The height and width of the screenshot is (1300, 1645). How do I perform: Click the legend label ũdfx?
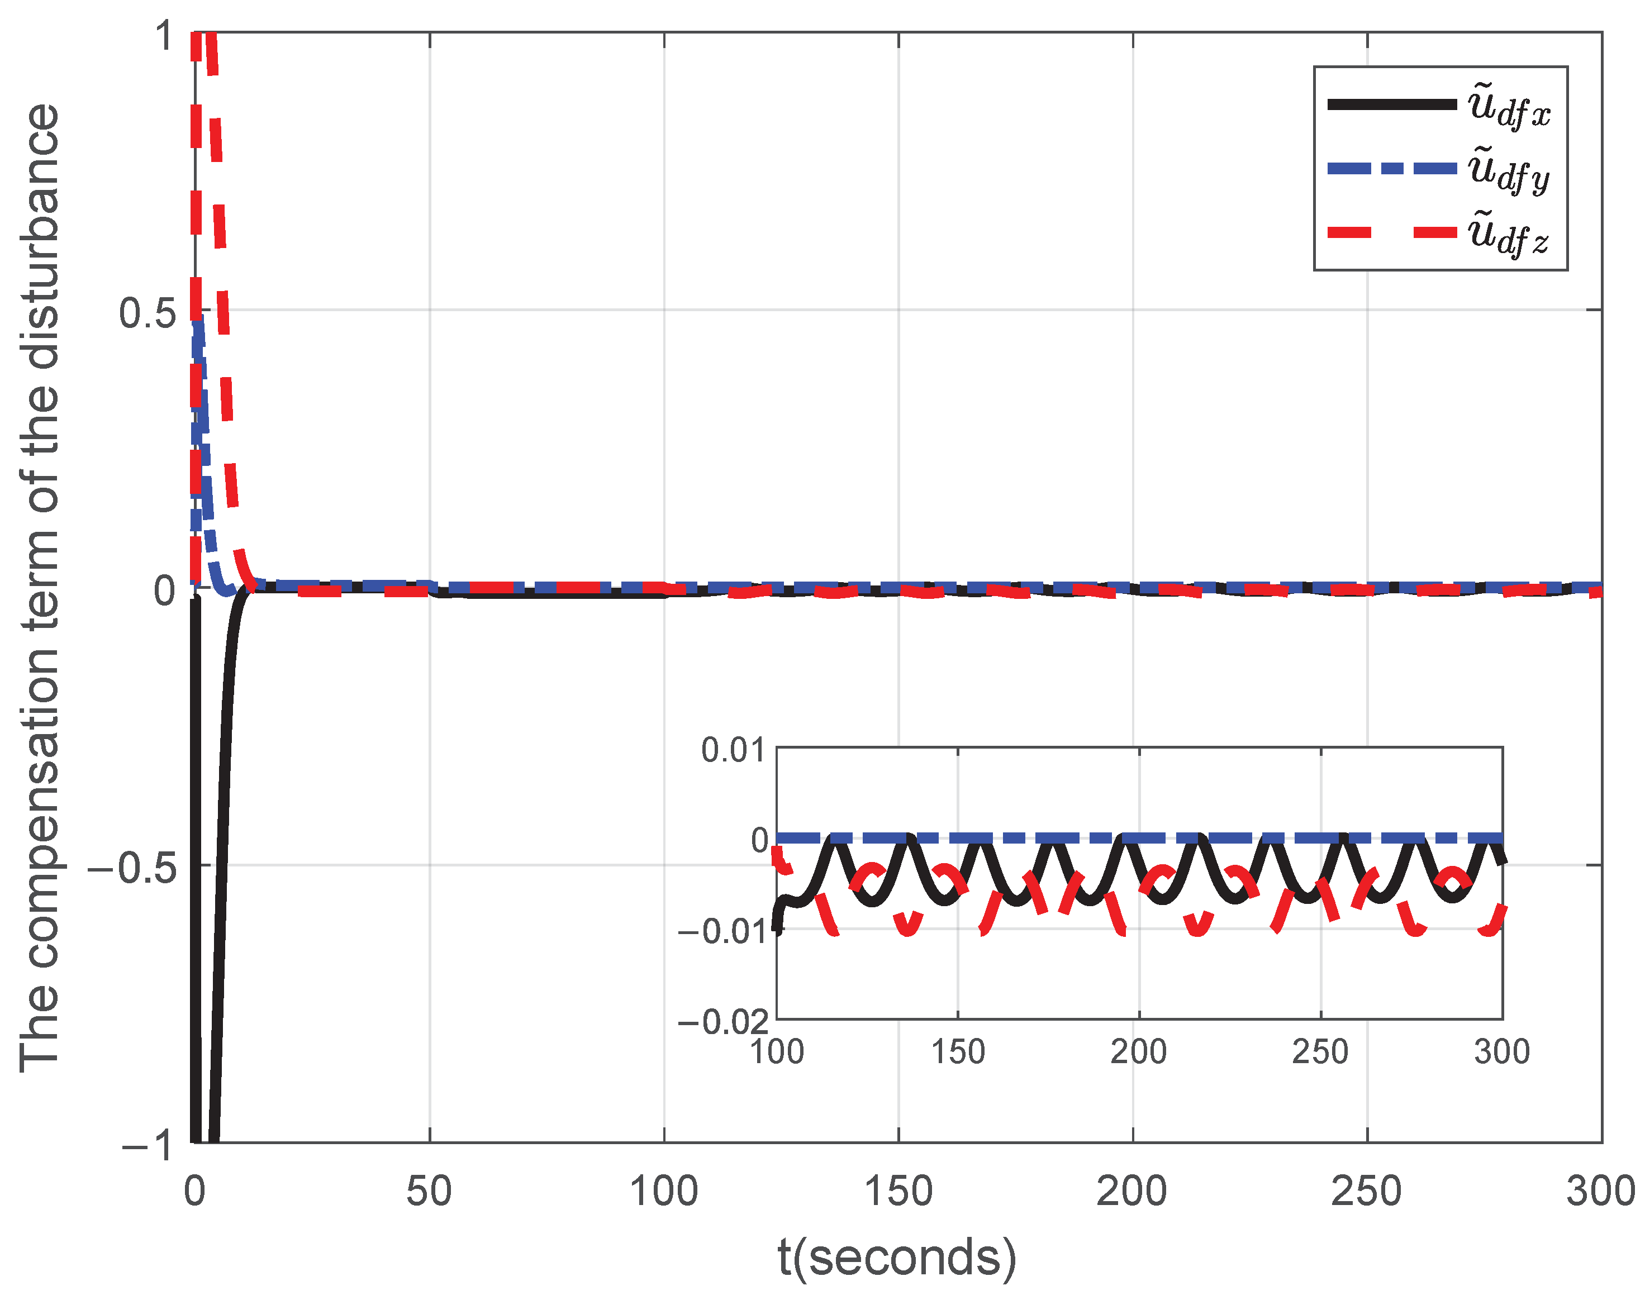[x=1509, y=107]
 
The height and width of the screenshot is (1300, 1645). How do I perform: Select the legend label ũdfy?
[x=1509, y=172]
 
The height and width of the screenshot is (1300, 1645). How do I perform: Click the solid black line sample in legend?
[x=1391, y=105]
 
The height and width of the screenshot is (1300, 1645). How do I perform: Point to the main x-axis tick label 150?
[x=898, y=1191]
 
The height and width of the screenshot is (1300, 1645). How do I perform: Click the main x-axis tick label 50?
[x=429, y=1191]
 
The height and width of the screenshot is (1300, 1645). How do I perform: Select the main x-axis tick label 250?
[x=1366, y=1191]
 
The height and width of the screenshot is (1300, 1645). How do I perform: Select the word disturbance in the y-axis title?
[x=40, y=236]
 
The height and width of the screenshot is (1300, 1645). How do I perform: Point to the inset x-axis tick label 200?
[x=1138, y=1052]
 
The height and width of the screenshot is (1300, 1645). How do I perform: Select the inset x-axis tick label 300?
[x=1501, y=1052]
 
